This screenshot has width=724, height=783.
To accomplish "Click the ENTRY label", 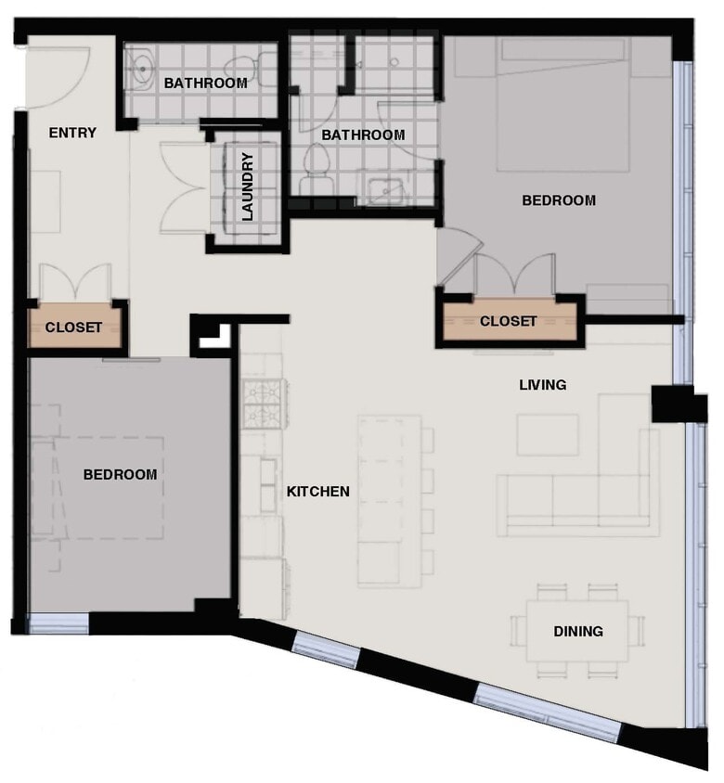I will pyautogui.click(x=72, y=133).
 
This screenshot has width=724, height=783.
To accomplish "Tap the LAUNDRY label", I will pyautogui.click(x=248, y=186).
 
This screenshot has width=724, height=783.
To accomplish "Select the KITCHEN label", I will pyautogui.click(x=317, y=492).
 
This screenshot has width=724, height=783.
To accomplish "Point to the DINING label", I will pyautogui.click(x=578, y=632).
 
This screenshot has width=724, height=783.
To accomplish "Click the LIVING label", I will pyautogui.click(x=542, y=384).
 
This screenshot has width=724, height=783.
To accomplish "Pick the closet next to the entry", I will pyautogui.click(x=73, y=327).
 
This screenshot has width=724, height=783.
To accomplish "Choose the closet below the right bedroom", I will pyautogui.click(x=508, y=322).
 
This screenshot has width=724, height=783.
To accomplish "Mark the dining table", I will pyautogui.click(x=577, y=631).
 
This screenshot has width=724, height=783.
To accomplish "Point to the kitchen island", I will pyautogui.click(x=389, y=501).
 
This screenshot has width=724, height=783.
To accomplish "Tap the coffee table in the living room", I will pyautogui.click(x=548, y=434).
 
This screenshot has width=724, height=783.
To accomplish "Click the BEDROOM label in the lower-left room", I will pyautogui.click(x=120, y=475).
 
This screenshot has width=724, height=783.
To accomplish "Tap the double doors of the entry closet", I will pyautogui.click(x=75, y=282).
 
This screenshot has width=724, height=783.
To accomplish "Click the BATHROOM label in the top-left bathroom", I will pyautogui.click(x=205, y=83).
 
